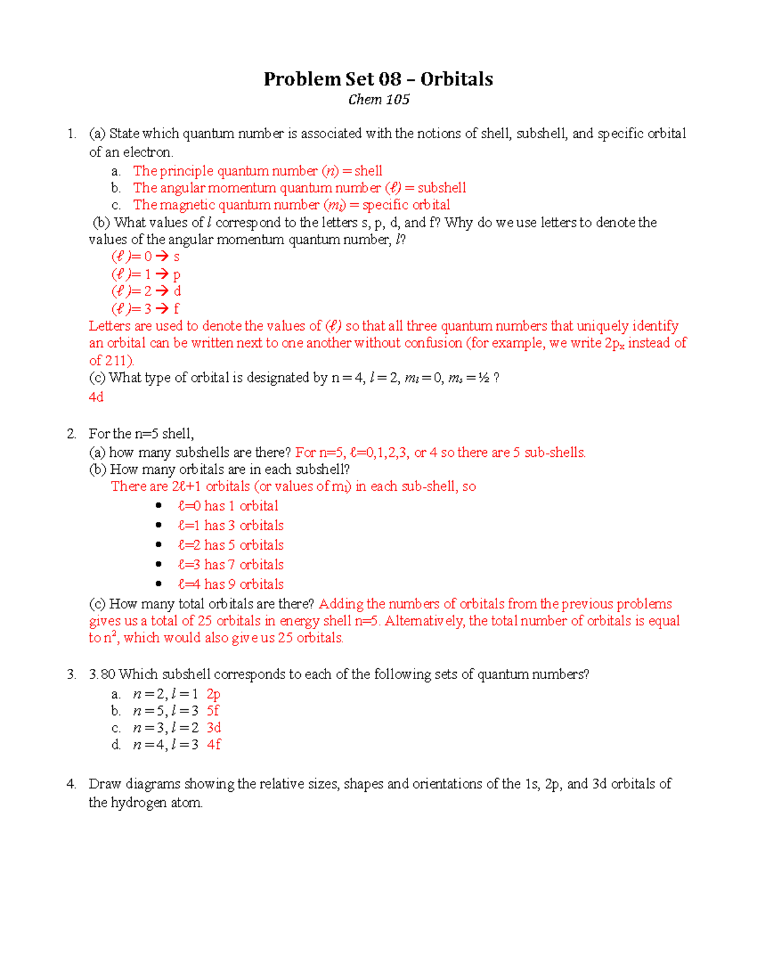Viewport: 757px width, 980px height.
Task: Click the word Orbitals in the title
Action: coord(457,79)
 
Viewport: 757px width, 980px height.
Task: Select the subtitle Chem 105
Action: coord(378,100)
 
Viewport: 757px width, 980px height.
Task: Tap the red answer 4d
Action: coord(96,397)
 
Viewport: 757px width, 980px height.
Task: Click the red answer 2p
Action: coord(214,694)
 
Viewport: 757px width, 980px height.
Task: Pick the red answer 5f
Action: coord(213,711)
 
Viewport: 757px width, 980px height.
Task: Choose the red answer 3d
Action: coord(214,728)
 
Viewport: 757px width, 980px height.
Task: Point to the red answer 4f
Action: coord(214,745)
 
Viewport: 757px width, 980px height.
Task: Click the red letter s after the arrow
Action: coord(177,257)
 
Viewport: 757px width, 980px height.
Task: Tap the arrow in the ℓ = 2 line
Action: coord(162,291)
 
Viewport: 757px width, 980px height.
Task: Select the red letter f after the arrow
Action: coord(176,309)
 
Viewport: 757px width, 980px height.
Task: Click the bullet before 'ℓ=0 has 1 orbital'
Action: coord(158,506)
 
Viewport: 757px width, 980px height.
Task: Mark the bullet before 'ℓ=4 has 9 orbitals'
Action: coord(158,584)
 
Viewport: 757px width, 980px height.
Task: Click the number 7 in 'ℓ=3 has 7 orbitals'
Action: coord(231,565)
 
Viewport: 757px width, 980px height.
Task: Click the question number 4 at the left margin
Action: coord(71,784)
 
